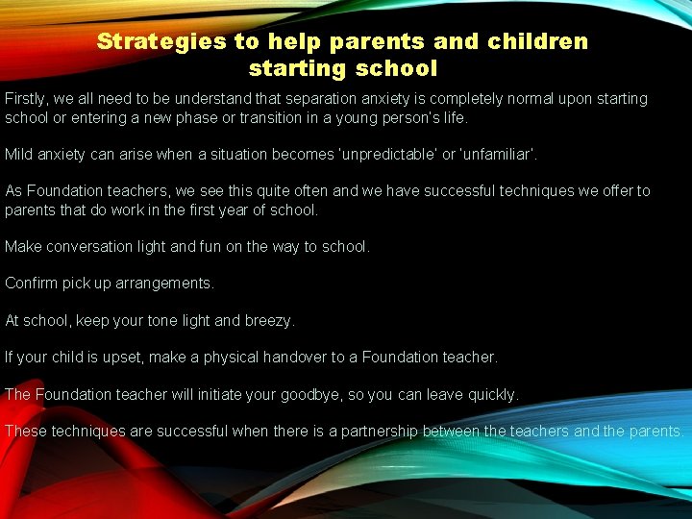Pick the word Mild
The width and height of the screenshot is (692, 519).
pyautogui.click(x=20, y=154)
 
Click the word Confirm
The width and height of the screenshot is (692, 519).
pyautogui.click(x=32, y=284)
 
